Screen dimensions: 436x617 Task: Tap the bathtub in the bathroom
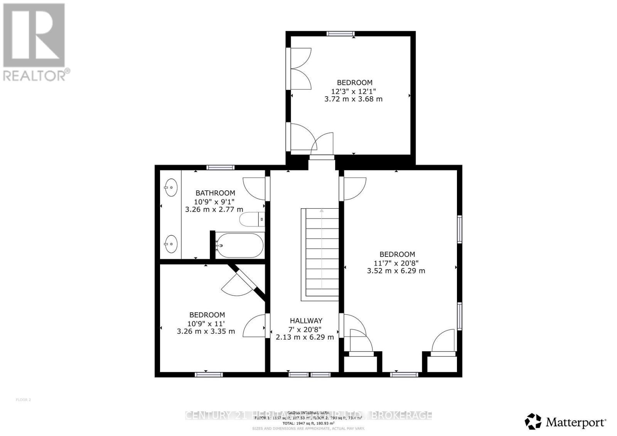(239, 245)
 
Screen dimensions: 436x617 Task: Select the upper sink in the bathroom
(170, 188)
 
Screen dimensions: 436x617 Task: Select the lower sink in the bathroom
(170, 243)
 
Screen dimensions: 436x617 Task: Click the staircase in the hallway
(320, 254)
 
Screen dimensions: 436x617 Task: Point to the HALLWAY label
(306, 320)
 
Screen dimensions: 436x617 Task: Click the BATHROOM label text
(215, 193)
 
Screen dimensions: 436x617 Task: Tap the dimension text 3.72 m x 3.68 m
(353, 99)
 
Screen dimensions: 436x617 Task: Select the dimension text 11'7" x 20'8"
(396, 263)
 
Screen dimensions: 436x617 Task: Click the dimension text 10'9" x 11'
(206, 323)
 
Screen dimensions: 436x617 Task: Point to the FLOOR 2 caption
(23, 400)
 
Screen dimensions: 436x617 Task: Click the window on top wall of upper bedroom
(340, 34)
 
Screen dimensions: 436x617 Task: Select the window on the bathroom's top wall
(220, 167)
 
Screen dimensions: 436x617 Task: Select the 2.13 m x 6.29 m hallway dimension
(305, 337)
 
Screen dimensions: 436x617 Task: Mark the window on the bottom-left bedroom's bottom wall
(209, 374)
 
